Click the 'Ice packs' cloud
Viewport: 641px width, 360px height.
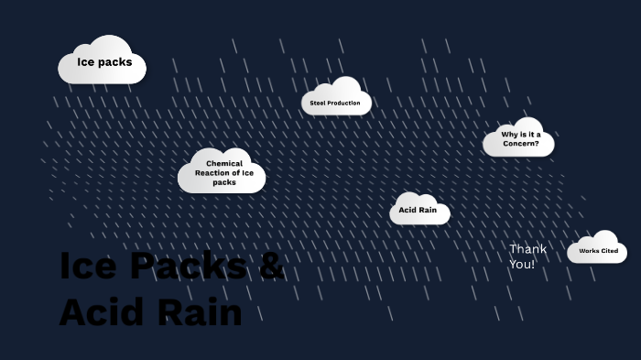coord(103,62)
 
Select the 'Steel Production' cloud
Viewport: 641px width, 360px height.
coord(335,103)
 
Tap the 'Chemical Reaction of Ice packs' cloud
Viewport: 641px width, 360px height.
coord(223,173)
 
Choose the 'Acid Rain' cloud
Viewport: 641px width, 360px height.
coord(419,211)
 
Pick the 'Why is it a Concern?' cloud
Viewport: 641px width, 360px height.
coord(520,139)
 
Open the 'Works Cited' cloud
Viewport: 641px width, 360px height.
coord(598,250)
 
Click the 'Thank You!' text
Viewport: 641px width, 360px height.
coord(527,256)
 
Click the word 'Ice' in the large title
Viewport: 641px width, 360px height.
coord(88,266)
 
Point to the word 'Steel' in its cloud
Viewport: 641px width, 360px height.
coord(318,104)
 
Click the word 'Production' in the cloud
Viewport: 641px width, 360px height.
coord(344,104)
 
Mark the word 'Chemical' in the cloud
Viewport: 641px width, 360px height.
coord(224,163)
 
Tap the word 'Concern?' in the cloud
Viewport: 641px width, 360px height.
coord(521,144)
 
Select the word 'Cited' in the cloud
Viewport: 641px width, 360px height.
coord(609,250)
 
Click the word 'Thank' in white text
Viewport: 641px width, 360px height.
coord(527,248)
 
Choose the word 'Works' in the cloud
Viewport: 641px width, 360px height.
coord(588,250)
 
